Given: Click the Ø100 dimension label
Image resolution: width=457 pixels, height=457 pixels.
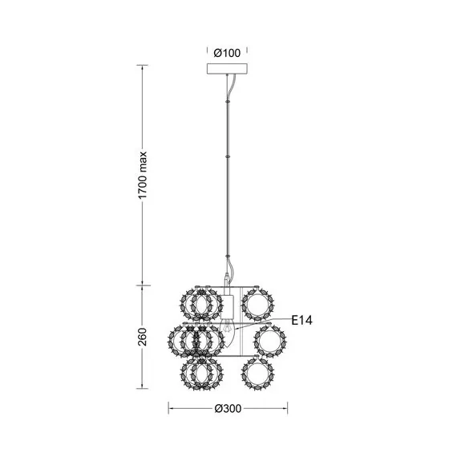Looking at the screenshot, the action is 227,53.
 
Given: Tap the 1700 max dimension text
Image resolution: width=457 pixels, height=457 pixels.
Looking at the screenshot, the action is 143,175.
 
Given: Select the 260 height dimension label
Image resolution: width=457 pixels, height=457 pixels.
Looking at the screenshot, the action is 142,337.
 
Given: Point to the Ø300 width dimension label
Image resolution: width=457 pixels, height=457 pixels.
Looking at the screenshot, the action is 228,408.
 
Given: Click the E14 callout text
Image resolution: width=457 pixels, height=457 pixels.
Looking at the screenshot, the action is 302,321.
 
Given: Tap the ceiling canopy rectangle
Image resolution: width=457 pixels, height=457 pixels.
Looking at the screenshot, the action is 227,69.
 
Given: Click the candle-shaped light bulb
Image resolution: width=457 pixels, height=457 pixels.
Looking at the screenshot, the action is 228,334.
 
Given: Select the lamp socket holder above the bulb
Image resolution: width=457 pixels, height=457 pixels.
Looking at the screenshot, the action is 227,306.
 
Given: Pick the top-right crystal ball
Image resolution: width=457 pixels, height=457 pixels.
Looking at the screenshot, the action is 258,304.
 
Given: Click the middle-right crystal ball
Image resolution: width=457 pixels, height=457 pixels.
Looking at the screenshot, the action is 270,341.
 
